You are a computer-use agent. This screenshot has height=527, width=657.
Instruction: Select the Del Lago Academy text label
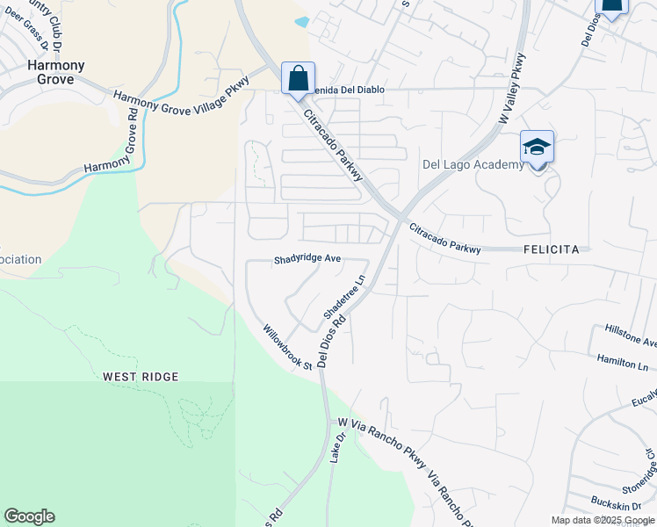[473, 164]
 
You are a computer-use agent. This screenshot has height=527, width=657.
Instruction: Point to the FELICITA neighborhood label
[551, 249]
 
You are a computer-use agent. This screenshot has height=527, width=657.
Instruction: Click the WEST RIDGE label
[141, 377]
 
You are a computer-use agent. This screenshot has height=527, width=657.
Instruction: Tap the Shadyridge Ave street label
[307, 260]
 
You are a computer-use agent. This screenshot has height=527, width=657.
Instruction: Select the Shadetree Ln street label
[344, 299]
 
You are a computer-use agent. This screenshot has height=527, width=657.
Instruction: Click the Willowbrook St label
[288, 347]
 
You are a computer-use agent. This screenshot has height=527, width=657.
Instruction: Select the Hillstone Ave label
[631, 335]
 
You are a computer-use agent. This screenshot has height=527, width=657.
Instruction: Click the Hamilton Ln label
[622, 362]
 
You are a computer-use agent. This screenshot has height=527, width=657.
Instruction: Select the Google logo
[29, 516]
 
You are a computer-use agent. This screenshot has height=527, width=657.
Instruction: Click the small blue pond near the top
[302, 21]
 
